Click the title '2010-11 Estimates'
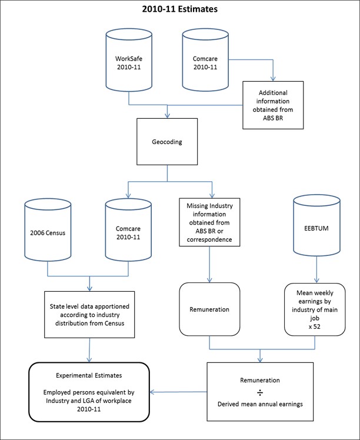coord(179,9)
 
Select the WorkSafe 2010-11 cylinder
coord(129,63)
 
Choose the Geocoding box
coord(168,142)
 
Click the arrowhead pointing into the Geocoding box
coord(168,115)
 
